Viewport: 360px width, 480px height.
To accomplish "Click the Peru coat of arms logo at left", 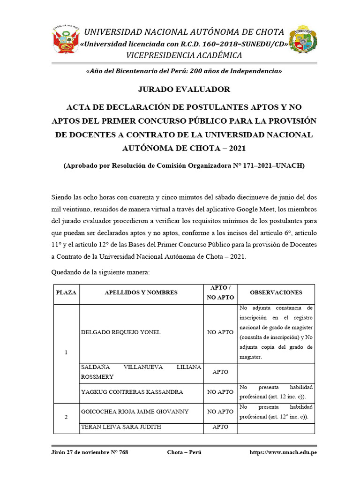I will [65, 39].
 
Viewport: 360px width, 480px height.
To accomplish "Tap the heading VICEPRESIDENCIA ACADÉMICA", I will [184, 55].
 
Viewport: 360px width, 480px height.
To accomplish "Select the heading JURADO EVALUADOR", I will [184, 89].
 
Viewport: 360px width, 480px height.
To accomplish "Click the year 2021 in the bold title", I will [236, 148].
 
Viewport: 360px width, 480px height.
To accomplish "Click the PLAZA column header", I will [66, 292].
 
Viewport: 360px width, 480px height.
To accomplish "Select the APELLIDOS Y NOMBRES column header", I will [141, 292].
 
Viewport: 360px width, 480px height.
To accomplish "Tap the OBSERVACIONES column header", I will [276, 292].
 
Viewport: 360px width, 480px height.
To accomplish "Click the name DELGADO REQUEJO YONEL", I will [121, 332].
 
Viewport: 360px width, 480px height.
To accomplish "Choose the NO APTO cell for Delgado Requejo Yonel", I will [220, 332].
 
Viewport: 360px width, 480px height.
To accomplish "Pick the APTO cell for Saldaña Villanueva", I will [220, 372].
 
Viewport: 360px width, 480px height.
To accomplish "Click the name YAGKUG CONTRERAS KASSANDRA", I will [132, 392].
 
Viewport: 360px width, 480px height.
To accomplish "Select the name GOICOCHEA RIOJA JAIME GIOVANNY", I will [135, 412].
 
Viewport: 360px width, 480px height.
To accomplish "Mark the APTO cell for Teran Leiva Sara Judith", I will [220, 427].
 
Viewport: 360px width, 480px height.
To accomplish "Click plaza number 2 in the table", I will [66, 417].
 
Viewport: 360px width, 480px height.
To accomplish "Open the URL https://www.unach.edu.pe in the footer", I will [282, 452].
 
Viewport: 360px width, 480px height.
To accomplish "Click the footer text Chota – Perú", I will [184, 452].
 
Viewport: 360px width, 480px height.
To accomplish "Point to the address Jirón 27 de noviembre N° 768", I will [89, 452].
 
